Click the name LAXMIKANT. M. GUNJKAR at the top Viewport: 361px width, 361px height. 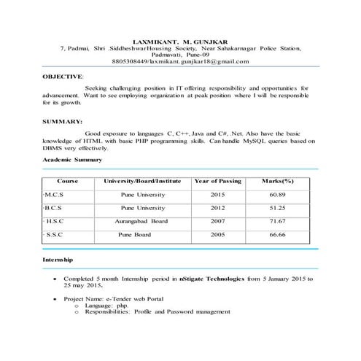[x=180, y=40]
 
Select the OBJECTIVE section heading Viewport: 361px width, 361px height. [x=63, y=76]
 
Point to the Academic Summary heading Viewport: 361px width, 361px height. [x=72, y=159]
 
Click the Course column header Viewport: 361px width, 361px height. [x=67, y=180]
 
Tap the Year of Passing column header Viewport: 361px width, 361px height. [x=217, y=180]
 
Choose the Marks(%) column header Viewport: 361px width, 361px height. [x=277, y=180]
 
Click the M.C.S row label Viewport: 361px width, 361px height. [x=55, y=195]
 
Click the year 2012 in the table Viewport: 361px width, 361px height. [x=217, y=208]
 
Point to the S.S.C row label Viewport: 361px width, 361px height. [x=55, y=235]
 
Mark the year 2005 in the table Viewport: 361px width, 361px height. [x=217, y=235]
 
